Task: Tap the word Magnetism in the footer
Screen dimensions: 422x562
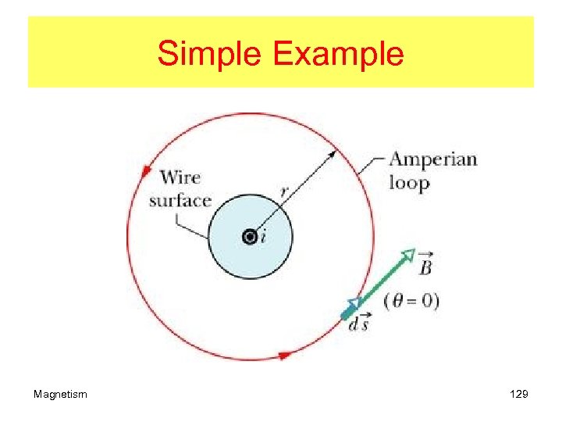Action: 60,394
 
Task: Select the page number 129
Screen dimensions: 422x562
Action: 518,394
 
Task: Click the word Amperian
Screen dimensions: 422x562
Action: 432,160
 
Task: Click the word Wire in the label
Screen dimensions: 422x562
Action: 180,177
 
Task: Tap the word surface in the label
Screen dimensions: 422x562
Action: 180,200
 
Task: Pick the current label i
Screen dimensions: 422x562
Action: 262,237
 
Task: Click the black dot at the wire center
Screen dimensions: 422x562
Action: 250,237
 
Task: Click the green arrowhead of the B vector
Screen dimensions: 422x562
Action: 407,255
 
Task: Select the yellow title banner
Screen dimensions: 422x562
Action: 281,52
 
